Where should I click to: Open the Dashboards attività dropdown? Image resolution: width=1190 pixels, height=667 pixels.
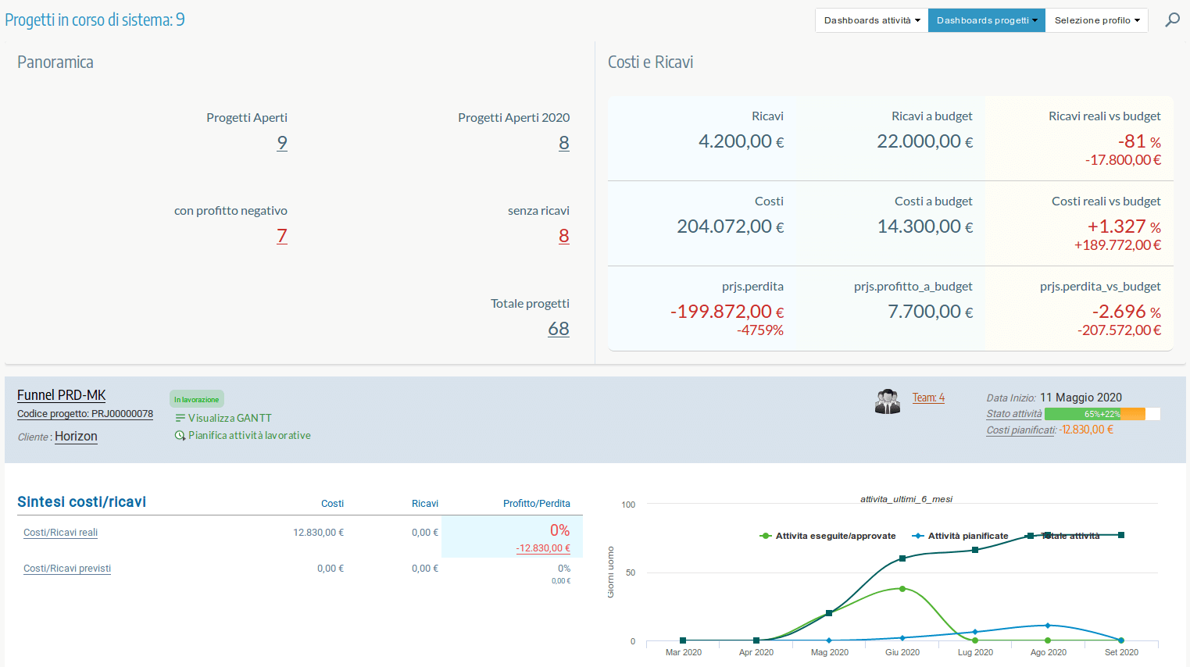point(871,20)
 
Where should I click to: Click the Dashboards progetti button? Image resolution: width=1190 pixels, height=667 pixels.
point(986,20)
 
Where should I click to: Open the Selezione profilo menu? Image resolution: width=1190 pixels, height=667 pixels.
point(1096,20)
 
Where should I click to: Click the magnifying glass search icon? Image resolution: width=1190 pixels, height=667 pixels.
point(1172,20)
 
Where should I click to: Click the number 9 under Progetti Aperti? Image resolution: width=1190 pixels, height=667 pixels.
point(282,143)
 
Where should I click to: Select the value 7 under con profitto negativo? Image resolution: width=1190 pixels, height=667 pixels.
point(282,236)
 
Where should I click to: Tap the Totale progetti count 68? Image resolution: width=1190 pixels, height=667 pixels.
point(558,329)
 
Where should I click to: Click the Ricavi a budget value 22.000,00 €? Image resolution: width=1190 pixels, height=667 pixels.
point(924,141)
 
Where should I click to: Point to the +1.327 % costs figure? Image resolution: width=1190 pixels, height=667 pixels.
point(1123,226)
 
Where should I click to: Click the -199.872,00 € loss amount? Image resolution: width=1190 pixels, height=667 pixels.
point(727,312)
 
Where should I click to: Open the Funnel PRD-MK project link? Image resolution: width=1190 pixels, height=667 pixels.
point(62,395)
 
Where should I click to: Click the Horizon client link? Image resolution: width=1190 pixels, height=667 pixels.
point(76,437)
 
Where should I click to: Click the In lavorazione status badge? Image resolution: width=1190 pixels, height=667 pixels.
point(196,399)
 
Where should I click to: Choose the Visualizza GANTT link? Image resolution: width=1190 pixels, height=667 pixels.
point(229,418)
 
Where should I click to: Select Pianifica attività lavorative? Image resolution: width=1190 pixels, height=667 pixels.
point(248,435)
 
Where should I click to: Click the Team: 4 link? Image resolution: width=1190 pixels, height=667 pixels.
point(928,398)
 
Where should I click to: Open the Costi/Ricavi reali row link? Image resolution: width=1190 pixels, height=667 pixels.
point(60,533)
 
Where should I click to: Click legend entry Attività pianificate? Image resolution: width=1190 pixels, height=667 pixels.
point(967,536)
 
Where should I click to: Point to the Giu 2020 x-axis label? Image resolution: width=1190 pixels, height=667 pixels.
point(902,652)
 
